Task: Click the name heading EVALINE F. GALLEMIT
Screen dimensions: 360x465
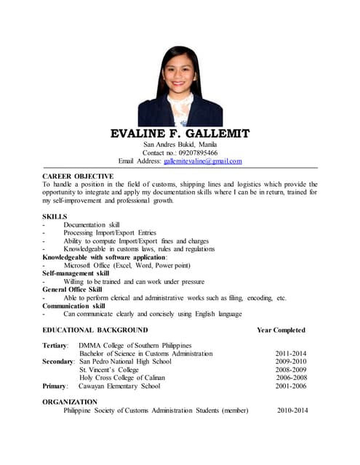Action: (x=180, y=134)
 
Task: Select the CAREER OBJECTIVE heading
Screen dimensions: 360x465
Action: (x=78, y=177)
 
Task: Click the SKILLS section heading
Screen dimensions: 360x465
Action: (x=55, y=217)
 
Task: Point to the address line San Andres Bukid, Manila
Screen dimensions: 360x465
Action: (x=180, y=145)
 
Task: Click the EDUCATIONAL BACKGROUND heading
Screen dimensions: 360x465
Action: (x=95, y=331)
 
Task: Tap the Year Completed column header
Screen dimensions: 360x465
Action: (x=281, y=331)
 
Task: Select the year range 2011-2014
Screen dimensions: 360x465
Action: (x=292, y=354)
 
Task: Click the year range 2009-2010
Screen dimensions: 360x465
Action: (x=292, y=362)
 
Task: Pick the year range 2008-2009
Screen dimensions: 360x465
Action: (x=292, y=370)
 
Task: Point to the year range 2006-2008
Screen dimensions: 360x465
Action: (x=292, y=378)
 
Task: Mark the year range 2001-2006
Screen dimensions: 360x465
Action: (x=292, y=386)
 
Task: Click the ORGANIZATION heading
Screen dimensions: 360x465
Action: (x=70, y=402)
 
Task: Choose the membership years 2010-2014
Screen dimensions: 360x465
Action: (x=292, y=411)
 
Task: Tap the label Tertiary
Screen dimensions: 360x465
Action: (x=55, y=345)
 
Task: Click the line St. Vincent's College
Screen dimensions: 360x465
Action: (x=109, y=370)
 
